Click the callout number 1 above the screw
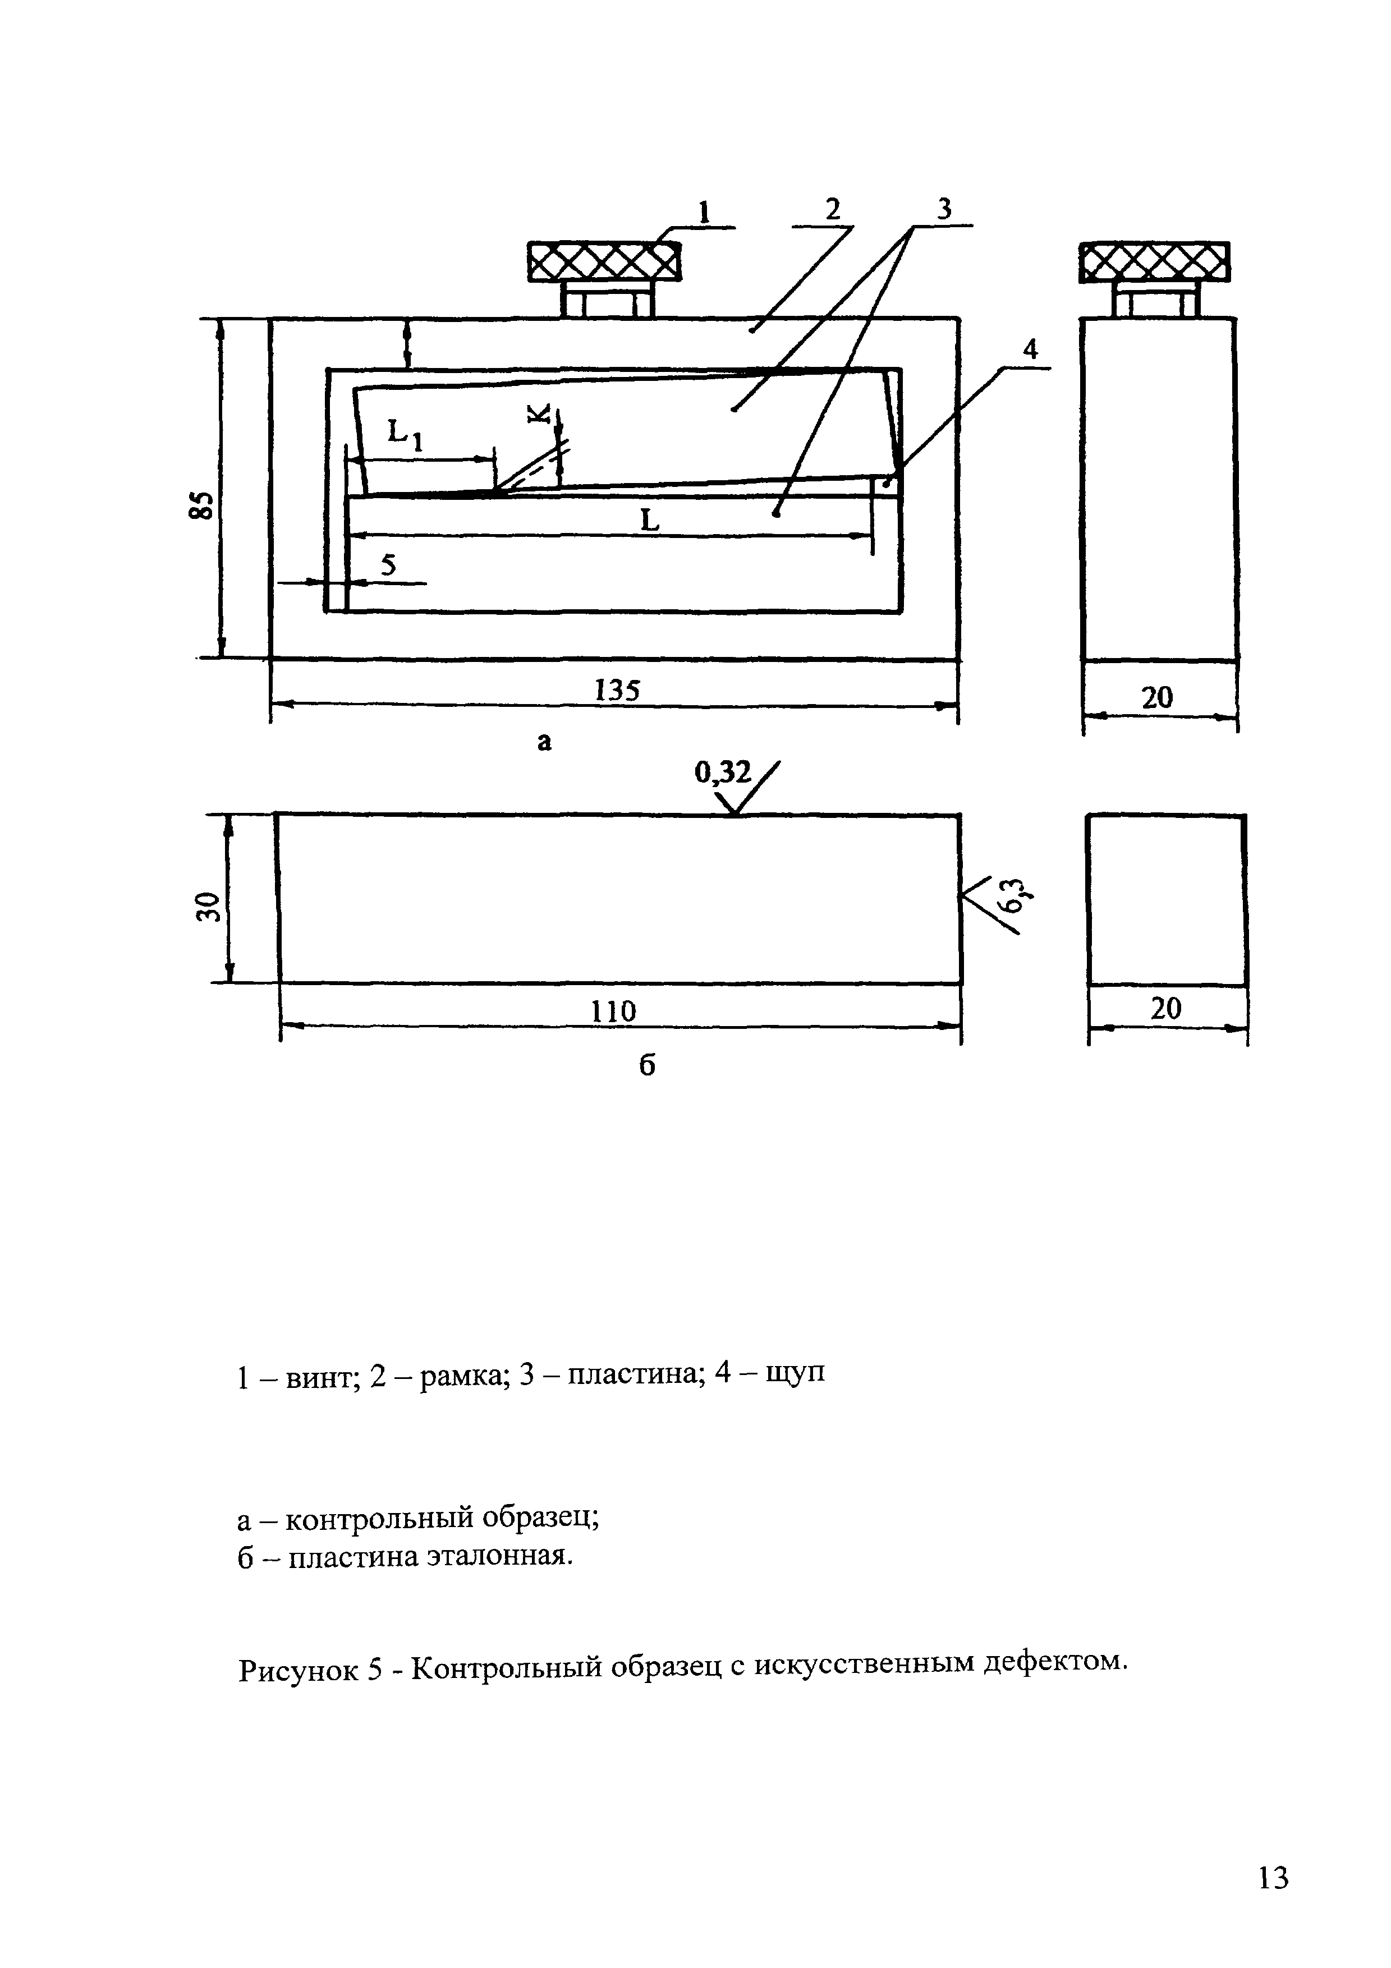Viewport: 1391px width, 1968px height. (705, 211)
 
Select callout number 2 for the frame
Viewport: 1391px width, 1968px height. (832, 209)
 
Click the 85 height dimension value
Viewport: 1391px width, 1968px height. (200, 505)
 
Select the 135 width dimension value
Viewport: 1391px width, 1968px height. (617, 690)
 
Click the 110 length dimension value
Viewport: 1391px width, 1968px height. (614, 1012)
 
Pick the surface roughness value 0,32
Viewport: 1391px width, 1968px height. (722, 774)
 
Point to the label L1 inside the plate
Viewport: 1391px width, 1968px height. (405, 433)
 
